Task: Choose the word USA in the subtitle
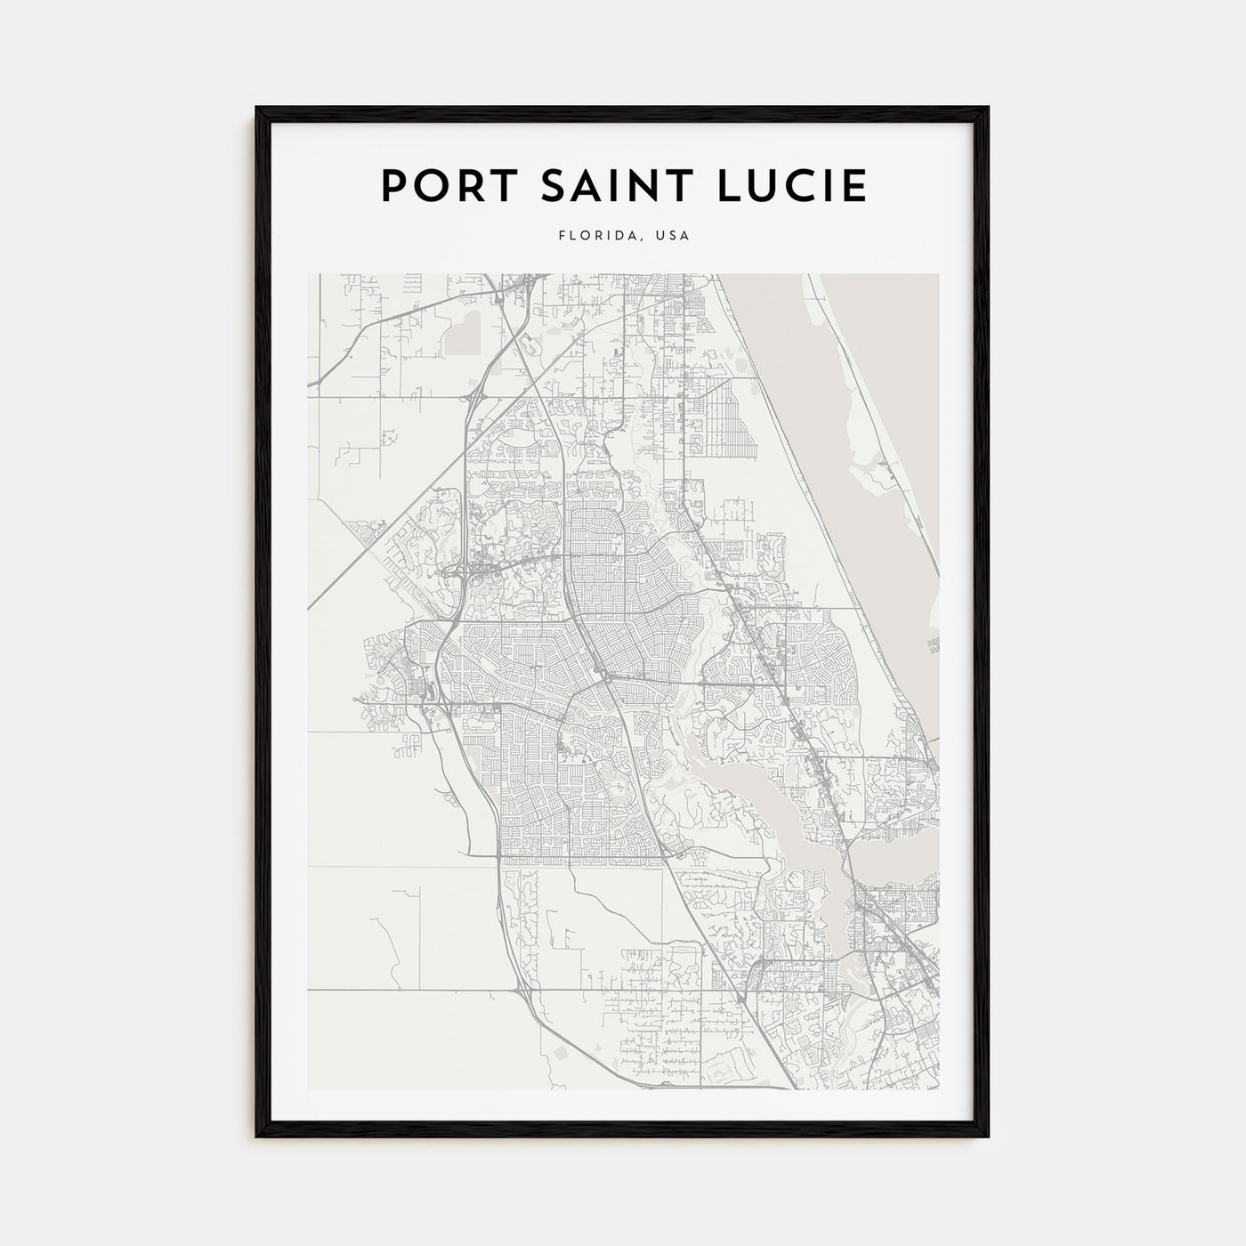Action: pos(672,237)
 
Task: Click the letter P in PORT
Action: pos(392,186)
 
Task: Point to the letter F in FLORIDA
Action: pos(562,237)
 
